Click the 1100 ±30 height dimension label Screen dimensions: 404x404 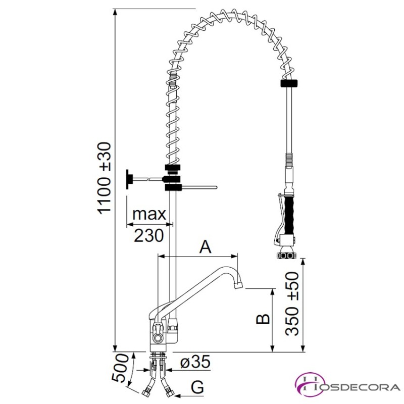click(x=105, y=178)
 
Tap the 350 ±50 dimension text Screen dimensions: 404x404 click(x=292, y=304)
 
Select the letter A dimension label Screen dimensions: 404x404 click(x=206, y=247)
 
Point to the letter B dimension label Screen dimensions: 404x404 click(x=263, y=319)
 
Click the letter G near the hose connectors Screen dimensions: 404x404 click(x=197, y=387)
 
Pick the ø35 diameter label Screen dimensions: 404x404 click(x=195, y=362)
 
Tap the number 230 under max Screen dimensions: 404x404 click(x=149, y=235)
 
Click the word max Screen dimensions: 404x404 click(x=149, y=214)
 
